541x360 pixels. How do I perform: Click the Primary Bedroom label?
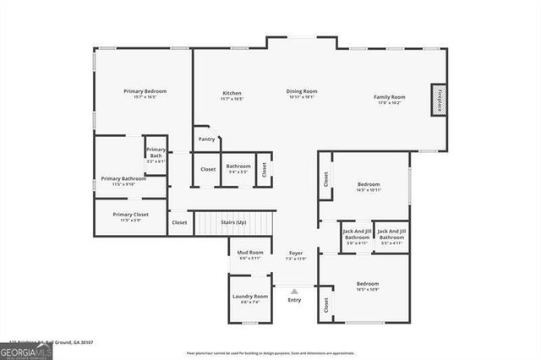[145, 91]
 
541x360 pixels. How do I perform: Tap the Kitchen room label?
[232, 93]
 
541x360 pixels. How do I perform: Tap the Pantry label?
[206, 139]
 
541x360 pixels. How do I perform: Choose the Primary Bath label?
[156, 153]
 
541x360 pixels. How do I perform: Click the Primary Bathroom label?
[123, 178]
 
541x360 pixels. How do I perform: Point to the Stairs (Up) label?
[233, 222]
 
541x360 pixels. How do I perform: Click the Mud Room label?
[249, 253]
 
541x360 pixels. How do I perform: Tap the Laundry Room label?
[250, 297]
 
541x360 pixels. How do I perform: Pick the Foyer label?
[296, 253]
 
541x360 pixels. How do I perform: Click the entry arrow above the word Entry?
[294, 291]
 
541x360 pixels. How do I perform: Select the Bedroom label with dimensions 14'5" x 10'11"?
[368, 184]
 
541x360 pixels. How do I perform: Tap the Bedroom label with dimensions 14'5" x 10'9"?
[367, 284]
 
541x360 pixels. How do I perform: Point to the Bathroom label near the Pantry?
[238, 166]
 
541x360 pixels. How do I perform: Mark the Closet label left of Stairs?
[179, 222]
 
